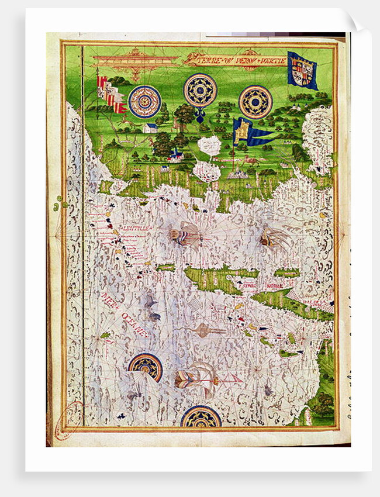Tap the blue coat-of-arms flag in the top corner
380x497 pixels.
point(302,71)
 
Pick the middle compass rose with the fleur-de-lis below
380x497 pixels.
point(200,90)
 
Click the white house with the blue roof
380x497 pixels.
point(150,127)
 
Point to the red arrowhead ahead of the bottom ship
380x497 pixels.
point(234,379)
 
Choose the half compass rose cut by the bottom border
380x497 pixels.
point(201,418)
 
